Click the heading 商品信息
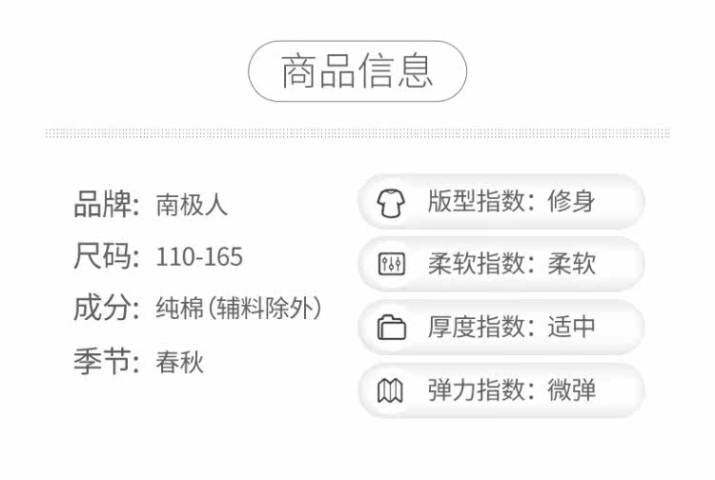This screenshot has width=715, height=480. pyautogui.click(x=357, y=71)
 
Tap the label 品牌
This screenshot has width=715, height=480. pyautogui.click(x=101, y=205)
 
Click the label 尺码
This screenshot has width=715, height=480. pyautogui.click(x=101, y=257)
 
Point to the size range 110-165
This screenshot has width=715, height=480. pyautogui.click(x=199, y=257)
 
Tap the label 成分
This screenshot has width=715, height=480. pyautogui.click(x=101, y=309)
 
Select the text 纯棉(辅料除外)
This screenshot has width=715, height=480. pyautogui.click(x=238, y=309)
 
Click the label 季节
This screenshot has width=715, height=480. pyautogui.click(x=101, y=362)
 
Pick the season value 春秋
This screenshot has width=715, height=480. pyautogui.click(x=180, y=362)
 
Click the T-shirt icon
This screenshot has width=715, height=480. pyautogui.click(x=391, y=203)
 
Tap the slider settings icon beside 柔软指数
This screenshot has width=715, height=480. pyautogui.click(x=391, y=265)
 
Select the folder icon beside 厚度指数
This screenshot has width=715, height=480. pyautogui.click(x=391, y=328)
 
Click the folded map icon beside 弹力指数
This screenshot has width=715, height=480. pyautogui.click(x=391, y=390)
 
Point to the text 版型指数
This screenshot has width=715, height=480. pyautogui.click(x=474, y=202)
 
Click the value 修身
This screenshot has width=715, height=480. pyautogui.click(x=572, y=202)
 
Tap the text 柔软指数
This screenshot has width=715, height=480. pyautogui.click(x=474, y=264)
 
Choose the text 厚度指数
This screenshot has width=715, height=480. pyautogui.click(x=474, y=327)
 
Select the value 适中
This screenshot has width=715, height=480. pyautogui.click(x=572, y=327)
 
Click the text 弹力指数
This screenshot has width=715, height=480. pyautogui.click(x=474, y=390)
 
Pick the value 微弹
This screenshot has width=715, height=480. pyautogui.click(x=572, y=390)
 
